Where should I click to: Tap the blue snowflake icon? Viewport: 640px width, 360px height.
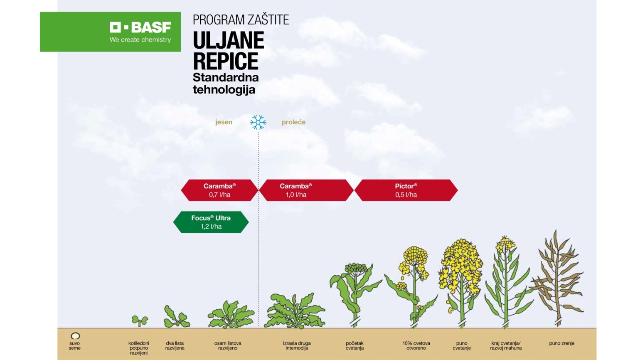point(258,122)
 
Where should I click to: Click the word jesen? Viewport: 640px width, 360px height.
point(224,122)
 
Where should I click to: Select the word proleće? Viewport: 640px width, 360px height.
point(293,122)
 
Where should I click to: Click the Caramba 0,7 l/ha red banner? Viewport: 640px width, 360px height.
point(219,190)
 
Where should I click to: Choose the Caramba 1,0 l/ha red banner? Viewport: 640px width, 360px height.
point(306,190)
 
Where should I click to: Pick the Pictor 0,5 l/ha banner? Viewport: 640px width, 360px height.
point(406,190)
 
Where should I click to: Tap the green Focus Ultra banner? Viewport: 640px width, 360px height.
point(211,222)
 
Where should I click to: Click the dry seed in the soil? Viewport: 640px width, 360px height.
point(75,336)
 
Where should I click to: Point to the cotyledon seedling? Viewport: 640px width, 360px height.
point(140,321)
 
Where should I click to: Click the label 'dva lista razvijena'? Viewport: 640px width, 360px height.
point(175,345)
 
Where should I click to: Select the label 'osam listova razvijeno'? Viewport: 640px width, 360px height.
point(228,345)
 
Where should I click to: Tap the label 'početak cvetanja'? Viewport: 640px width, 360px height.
point(354,345)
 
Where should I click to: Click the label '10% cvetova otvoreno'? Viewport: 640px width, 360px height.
point(416,345)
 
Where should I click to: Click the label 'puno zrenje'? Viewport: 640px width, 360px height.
point(561,343)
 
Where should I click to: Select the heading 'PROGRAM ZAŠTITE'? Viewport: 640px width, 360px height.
point(241,20)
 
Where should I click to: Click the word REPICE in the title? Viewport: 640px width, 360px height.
point(226,61)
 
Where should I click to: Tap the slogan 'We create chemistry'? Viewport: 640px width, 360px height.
point(140,40)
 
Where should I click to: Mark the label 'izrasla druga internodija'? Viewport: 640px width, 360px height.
point(297,345)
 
